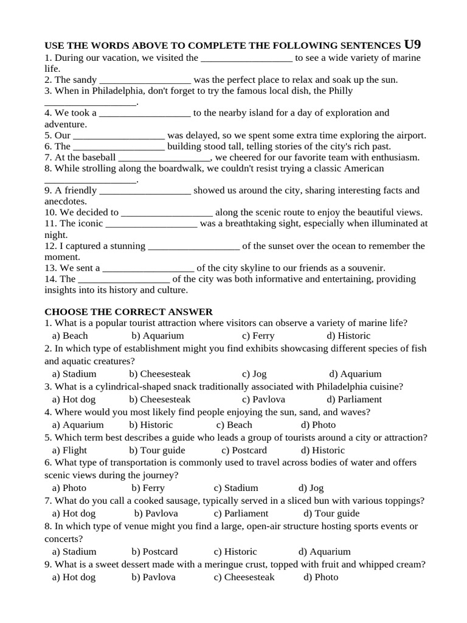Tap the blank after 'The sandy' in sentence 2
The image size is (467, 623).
click(x=145, y=80)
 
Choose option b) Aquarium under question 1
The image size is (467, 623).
click(x=157, y=336)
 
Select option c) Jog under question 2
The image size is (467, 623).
click(x=254, y=374)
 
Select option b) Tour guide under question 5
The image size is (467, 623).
click(x=157, y=450)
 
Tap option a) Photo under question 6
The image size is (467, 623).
click(x=69, y=488)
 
